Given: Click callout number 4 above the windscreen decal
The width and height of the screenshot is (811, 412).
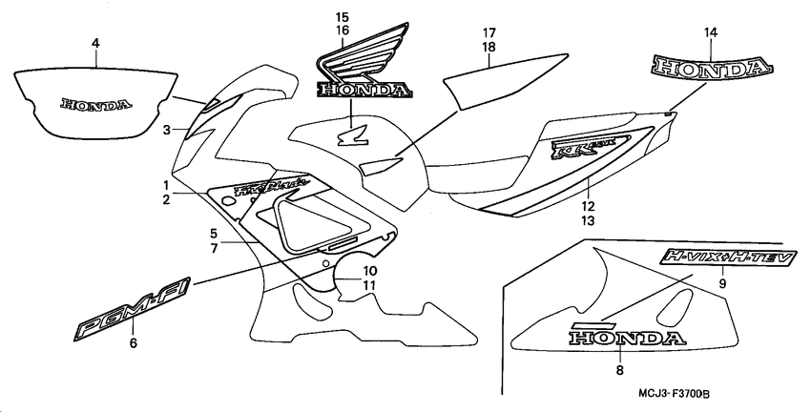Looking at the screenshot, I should pos(95,43).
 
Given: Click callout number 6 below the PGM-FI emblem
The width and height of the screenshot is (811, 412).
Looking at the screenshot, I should pos(133,344).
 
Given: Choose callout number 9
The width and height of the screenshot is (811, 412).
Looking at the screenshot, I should pos(722,282).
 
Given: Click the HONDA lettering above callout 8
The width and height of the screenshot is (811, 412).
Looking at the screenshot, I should pos(627,337).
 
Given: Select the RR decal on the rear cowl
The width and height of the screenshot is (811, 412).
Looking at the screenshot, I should pos(584,149).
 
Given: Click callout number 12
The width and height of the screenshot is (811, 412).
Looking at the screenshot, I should pos(588,205).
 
